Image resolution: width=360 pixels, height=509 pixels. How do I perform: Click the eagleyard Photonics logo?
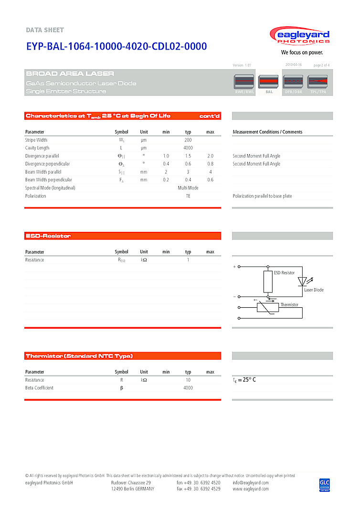299,37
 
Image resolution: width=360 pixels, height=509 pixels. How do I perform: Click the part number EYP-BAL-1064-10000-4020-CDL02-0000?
116,46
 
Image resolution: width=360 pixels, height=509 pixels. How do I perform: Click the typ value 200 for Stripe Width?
188,140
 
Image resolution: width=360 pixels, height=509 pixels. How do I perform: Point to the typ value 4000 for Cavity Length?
188,148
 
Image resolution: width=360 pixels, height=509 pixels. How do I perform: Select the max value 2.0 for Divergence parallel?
210,156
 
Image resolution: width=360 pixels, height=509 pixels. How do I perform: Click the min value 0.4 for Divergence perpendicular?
166,164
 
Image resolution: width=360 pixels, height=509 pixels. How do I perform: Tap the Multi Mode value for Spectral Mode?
188,188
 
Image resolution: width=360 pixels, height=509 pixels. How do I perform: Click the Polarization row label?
36,196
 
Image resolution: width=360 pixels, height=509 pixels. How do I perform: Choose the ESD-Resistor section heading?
48,236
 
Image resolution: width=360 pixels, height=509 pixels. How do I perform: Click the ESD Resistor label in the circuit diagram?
284,273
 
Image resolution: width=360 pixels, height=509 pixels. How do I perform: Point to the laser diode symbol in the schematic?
302,281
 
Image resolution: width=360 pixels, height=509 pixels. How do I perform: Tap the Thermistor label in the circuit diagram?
289,304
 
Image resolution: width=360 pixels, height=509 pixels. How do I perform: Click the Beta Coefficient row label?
39,388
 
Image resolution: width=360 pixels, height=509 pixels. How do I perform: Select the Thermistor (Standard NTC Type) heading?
79,356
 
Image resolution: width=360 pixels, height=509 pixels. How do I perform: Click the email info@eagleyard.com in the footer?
251,483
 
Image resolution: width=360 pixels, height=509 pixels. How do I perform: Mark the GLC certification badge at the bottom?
325,484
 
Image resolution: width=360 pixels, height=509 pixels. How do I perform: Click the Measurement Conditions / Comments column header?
267,132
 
